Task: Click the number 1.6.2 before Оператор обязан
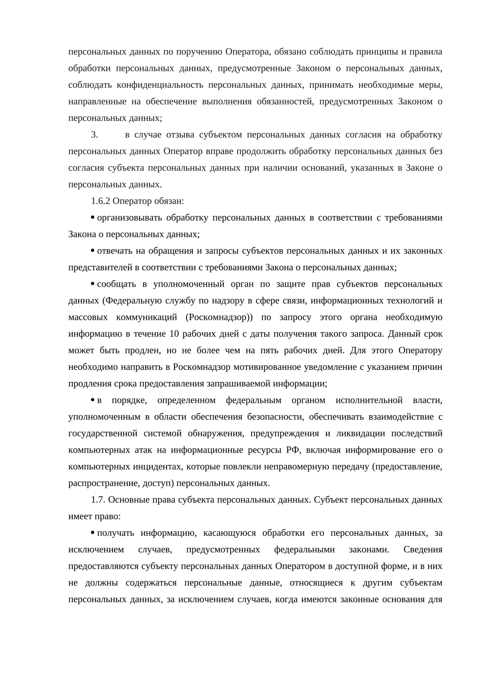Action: pos(100,201)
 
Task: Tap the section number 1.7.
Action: pos(98,500)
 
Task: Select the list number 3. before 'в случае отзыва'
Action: pos(94,135)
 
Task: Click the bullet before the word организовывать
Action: pos(92,218)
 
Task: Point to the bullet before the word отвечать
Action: pos(92,251)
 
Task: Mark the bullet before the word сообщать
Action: pos(92,284)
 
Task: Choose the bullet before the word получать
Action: pos(92,533)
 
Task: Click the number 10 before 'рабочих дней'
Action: pos(174,334)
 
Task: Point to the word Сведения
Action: pos(423,550)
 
